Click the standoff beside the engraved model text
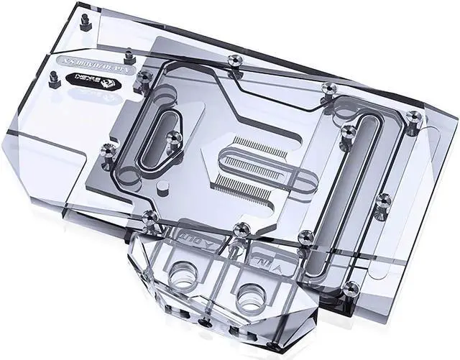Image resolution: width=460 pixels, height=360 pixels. [x=128, y=55]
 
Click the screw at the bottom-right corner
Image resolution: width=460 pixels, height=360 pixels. [x=351, y=288]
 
